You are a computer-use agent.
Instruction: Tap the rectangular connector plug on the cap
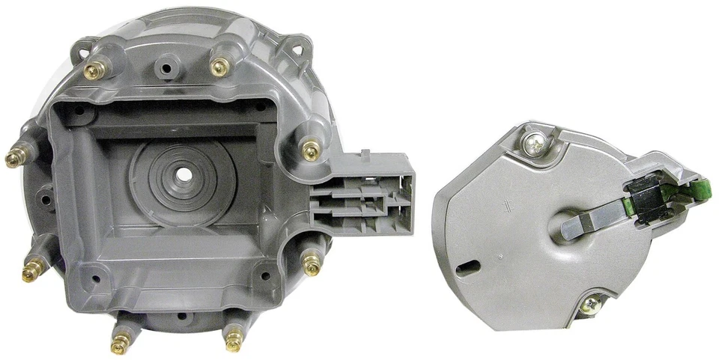tap(364, 195)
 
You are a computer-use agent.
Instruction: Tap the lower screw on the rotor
tap(591, 304)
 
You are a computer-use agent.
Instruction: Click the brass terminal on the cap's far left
tap(13, 159)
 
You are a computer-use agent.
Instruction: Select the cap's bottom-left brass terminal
tap(118, 345)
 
